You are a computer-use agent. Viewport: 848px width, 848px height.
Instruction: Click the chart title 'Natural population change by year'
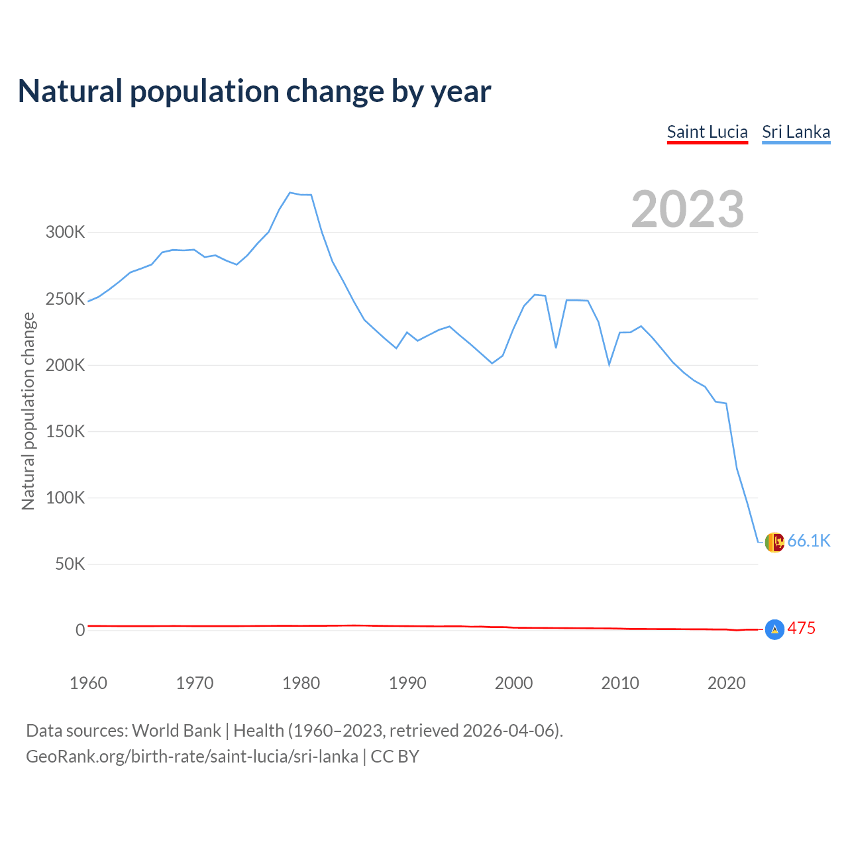pos(254,91)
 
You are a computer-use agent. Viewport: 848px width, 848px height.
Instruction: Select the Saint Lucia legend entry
pos(707,132)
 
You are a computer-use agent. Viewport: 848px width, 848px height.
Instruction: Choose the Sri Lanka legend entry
pos(796,132)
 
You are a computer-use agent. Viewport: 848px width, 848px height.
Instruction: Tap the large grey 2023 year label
pos(688,209)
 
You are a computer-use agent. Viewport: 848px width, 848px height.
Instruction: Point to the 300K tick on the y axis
pos(65,233)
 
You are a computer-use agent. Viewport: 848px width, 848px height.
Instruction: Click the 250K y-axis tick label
pos(65,299)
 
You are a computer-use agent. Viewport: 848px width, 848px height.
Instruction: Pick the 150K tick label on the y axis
pos(65,431)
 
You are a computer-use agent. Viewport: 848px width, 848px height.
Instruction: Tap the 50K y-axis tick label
pos(70,564)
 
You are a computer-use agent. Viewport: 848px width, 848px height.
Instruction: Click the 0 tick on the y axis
pos(80,630)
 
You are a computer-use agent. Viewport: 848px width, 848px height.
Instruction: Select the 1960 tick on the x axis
pos(88,683)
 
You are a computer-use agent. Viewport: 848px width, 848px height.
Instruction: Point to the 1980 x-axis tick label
pos(301,683)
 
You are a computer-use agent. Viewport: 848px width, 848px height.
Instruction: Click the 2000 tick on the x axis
pos(513,683)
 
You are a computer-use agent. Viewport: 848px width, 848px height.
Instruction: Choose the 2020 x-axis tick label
pos(726,683)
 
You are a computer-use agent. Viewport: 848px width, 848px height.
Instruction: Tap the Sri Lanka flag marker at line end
pos(774,542)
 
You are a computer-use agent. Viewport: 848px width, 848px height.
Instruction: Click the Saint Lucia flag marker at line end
pos(774,629)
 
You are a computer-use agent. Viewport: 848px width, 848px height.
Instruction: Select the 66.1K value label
pos(808,541)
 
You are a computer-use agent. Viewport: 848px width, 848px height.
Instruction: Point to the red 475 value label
pos(801,628)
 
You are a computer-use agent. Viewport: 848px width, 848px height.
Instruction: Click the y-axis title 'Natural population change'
pos(28,411)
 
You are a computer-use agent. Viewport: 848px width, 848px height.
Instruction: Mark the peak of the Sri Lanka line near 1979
pos(290,193)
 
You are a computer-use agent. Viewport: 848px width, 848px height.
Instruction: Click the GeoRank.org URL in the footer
pos(192,757)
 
